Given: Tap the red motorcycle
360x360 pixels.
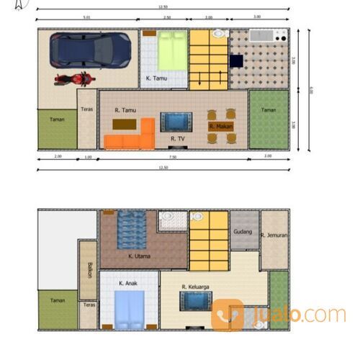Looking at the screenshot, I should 73,78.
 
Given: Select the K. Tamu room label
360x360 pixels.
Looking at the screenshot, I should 157,78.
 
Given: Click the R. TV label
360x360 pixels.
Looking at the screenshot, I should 178,137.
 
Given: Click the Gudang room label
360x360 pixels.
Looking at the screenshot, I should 241,232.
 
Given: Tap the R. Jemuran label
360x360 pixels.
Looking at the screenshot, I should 274,235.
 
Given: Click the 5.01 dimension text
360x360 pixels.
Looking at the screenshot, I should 86,16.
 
